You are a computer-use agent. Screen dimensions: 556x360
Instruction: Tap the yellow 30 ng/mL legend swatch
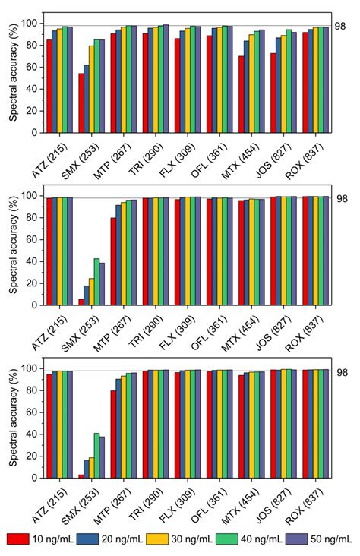point(162,539)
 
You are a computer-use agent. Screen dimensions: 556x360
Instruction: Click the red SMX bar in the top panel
point(81,103)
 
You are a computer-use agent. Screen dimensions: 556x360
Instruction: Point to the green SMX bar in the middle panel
point(96,282)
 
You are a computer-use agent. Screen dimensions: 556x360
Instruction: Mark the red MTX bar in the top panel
point(242,94)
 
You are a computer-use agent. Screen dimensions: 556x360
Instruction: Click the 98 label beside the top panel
point(340,26)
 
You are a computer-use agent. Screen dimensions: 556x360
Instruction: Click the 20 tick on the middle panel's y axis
point(32,283)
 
